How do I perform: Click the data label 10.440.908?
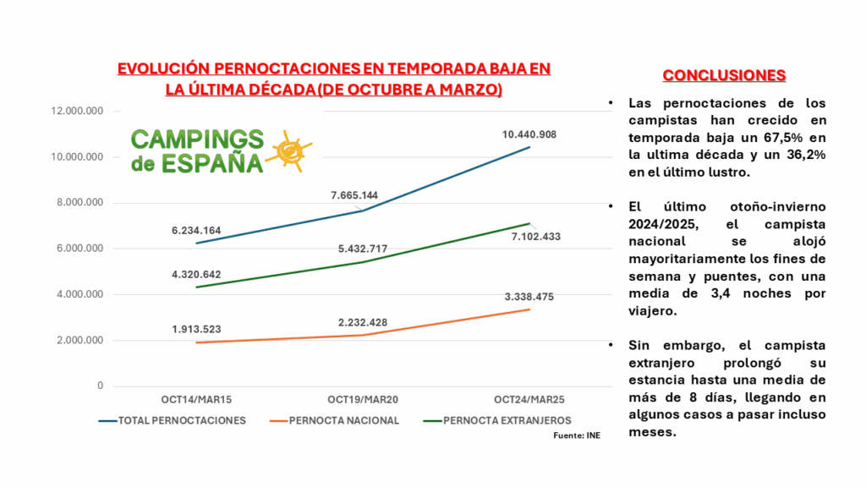click(x=529, y=134)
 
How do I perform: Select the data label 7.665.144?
click(x=354, y=195)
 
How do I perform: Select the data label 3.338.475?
click(x=529, y=297)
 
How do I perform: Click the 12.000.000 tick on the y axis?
click(x=77, y=112)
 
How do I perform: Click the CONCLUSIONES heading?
click(x=724, y=76)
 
